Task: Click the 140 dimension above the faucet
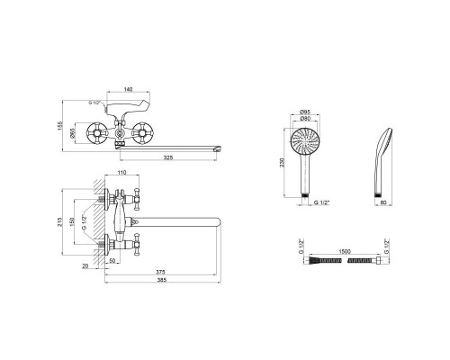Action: click(x=128, y=89)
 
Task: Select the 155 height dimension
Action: click(x=59, y=125)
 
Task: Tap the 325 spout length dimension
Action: click(x=168, y=157)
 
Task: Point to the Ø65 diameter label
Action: click(x=72, y=133)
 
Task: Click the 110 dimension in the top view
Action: click(x=121, y=172)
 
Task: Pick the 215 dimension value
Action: click(x=59, y=221)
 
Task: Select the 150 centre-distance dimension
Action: click(x=72, y=222)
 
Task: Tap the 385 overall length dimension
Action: click(x=162, y=280)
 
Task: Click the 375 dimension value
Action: click(x=160, y=272)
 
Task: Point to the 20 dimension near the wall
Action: click(x=85, y=265)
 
